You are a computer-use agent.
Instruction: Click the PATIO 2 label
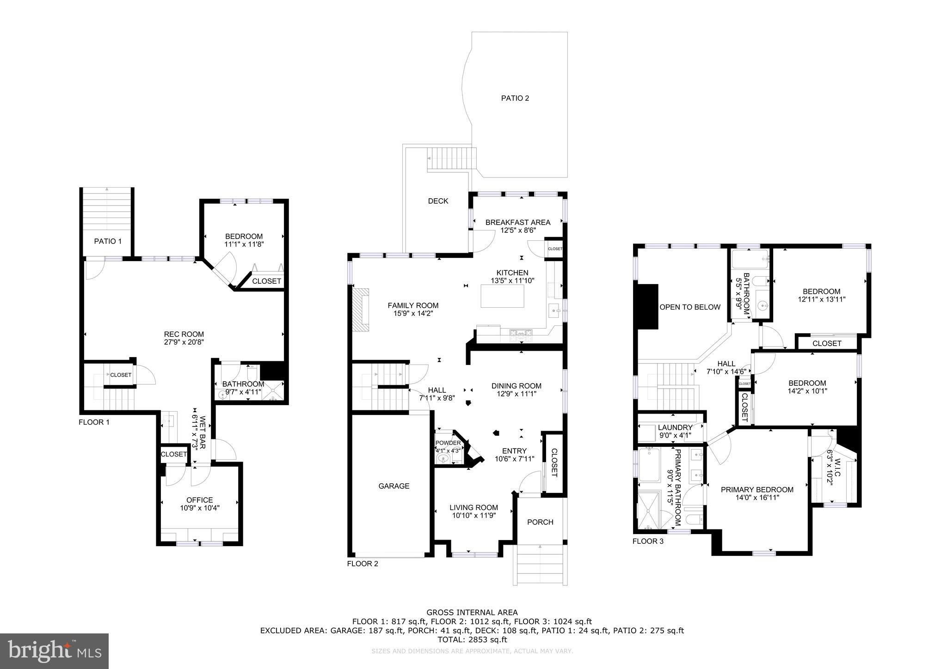click(515, 98)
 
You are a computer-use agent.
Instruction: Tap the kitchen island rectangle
click(503, 296)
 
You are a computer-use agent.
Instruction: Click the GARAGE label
click(394, 486)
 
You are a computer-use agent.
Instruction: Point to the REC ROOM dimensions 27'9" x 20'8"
click(184, 342)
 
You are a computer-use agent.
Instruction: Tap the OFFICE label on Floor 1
click(199, 500)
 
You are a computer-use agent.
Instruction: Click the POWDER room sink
click(443, 459)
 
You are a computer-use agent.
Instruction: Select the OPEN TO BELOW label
click(689, 307)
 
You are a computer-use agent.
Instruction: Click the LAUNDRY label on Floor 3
click(675, 428)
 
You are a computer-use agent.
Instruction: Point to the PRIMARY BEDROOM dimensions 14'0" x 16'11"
click(757, 498)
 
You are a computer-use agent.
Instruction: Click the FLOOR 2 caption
click(363, 564)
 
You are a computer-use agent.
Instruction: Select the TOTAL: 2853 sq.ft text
click(472, 640)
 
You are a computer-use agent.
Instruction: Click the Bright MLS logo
click(54, 651)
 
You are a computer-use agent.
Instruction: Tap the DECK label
click(437, 201)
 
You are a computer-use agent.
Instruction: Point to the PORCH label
click(540, 522)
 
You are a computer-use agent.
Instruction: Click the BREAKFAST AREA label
click(517, 222)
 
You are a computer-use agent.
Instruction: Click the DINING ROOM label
click(516, 386)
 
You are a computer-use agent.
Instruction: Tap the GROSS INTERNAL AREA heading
click(472, 613)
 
